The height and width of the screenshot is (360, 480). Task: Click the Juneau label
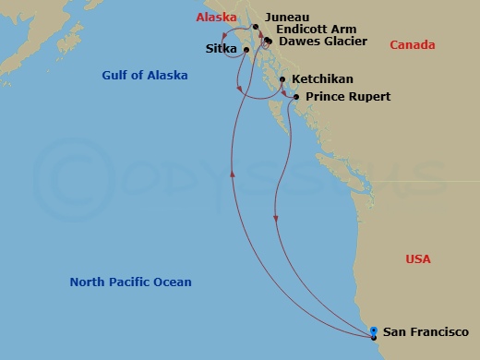286,17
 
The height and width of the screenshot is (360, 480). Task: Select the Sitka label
222,49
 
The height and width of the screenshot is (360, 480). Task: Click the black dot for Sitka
246,49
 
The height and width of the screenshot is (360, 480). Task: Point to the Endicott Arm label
310,30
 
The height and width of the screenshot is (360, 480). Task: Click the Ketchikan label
321,80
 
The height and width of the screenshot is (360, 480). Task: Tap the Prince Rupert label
348,96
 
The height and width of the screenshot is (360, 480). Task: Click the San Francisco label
426,331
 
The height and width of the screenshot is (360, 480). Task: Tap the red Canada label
411,45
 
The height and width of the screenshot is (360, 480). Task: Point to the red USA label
418,259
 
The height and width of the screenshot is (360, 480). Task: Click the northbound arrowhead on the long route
232,173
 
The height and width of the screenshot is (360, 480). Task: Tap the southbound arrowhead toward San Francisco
276,219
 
